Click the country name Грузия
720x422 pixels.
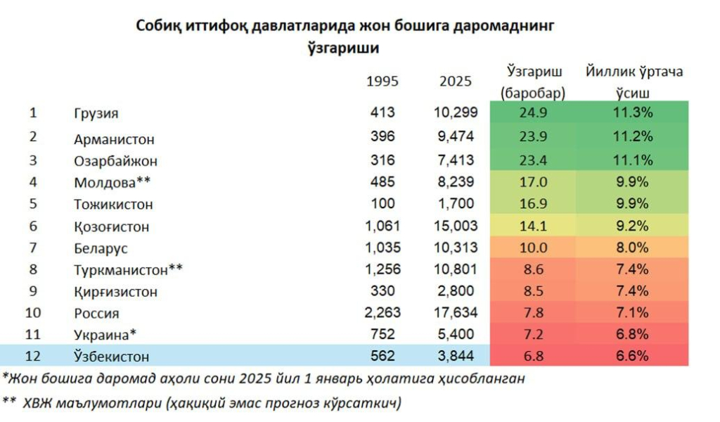click(x=96, y=113)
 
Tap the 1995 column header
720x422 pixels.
click(x=382, y=81)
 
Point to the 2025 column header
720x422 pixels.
click(x=456, y=81)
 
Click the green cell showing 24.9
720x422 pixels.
click(x=532, y=113)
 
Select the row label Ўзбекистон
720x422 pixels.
click(x=112, y=357)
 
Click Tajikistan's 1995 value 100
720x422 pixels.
click(x=386, y=205)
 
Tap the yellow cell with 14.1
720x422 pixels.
click(x=532, y=226)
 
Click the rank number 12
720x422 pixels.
click(x=33, y=356)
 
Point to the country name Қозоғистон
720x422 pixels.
click(x=111, y=227)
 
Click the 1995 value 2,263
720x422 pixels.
click(x=382, y=314)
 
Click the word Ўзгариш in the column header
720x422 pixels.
click(x=533, y=72)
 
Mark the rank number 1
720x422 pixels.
click(x=33, y=113)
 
